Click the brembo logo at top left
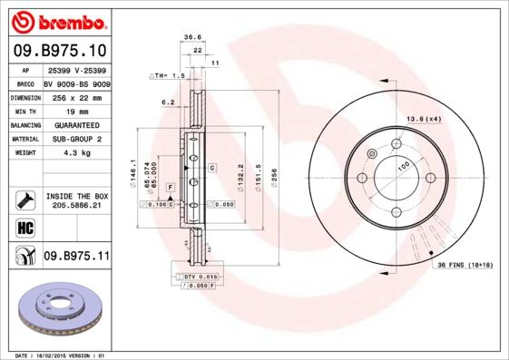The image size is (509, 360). click(58, 20)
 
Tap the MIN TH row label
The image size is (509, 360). click(25, 110)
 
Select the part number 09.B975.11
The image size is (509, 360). click(76, 258)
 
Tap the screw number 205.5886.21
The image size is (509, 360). click(77, 207)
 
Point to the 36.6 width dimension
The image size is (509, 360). click(192, 38)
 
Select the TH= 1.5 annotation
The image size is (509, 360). click(169, 76)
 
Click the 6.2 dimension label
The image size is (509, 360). click(168, 103)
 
